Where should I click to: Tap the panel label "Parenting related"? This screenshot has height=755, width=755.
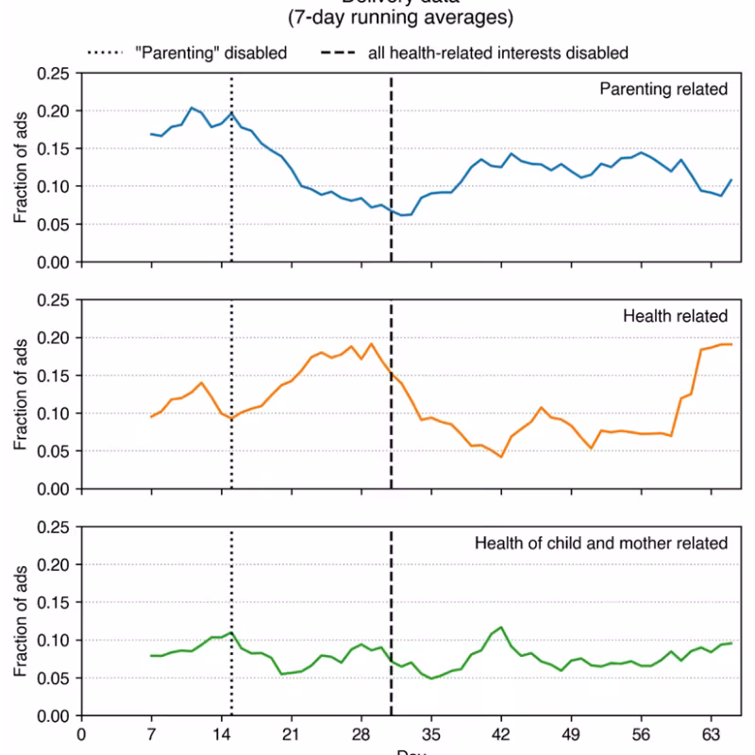click(663, 90)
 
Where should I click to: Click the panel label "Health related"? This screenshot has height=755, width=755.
click(675, 316)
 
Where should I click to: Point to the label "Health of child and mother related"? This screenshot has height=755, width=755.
click(601, 543)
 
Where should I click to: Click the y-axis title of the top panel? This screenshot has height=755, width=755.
click(21, 168)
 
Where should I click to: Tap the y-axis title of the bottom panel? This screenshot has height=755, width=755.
click(21, 621)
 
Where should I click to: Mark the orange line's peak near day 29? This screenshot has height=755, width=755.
click(371, 343)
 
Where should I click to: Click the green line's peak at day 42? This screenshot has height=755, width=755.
click(501, 628)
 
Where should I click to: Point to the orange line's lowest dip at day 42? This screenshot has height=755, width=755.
click(501, 457)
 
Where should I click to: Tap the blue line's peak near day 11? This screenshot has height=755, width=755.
click(192, 108)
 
